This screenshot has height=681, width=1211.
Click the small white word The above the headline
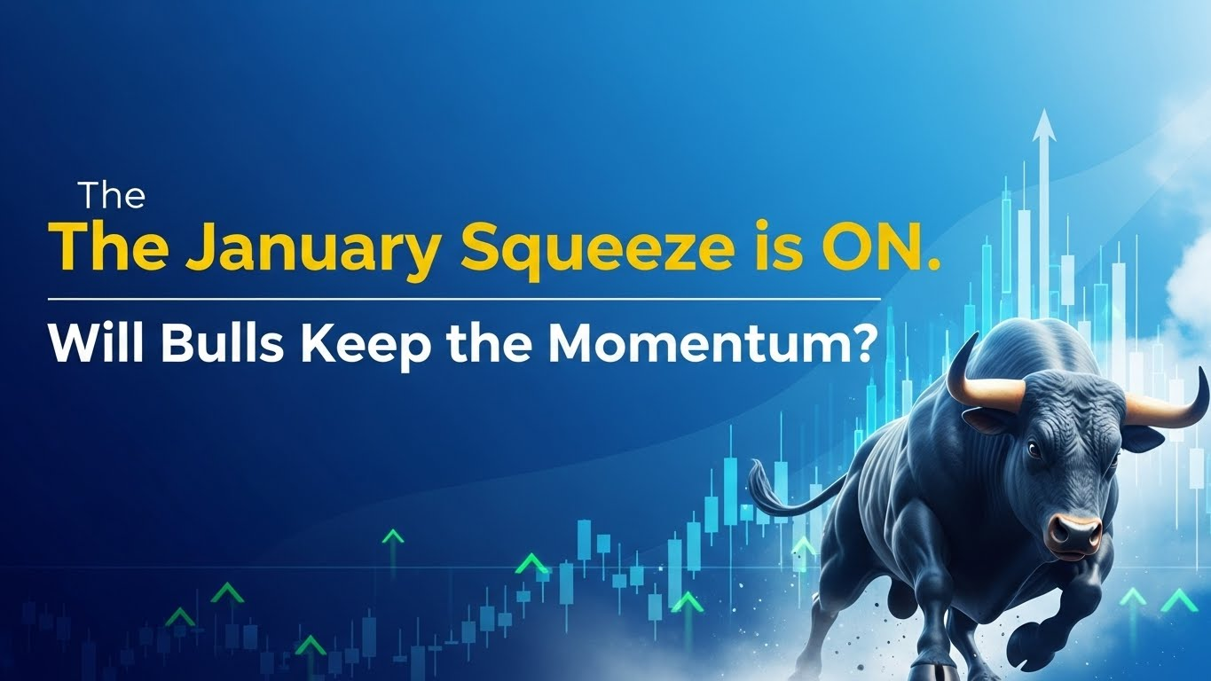111,195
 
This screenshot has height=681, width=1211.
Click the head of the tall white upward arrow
1044,123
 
